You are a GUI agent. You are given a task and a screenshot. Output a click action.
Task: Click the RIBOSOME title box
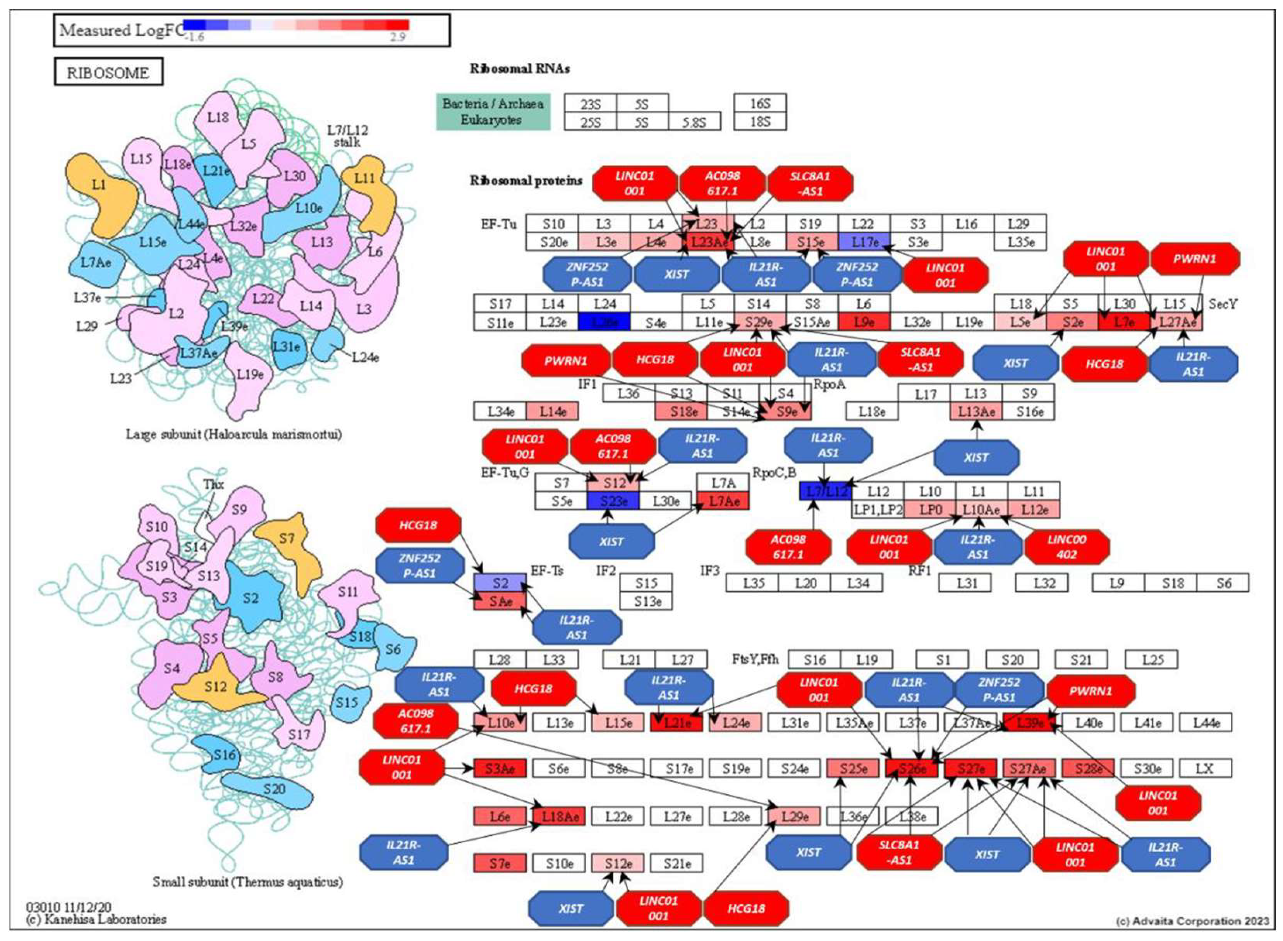pos(108,72)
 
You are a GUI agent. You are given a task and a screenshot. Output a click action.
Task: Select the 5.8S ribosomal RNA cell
pos(694,122)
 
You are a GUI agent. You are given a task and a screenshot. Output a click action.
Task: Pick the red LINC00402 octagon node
pos(1067,547)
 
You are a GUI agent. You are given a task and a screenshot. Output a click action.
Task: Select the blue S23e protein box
pos(613,501)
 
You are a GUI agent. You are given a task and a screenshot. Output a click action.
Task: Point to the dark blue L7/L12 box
pos(825,491)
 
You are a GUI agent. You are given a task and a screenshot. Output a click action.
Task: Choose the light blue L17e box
pos(864,242)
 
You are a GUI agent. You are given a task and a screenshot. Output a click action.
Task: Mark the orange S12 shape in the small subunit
pos(216,686)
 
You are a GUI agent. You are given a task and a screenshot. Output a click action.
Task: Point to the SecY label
pos(1223,304)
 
